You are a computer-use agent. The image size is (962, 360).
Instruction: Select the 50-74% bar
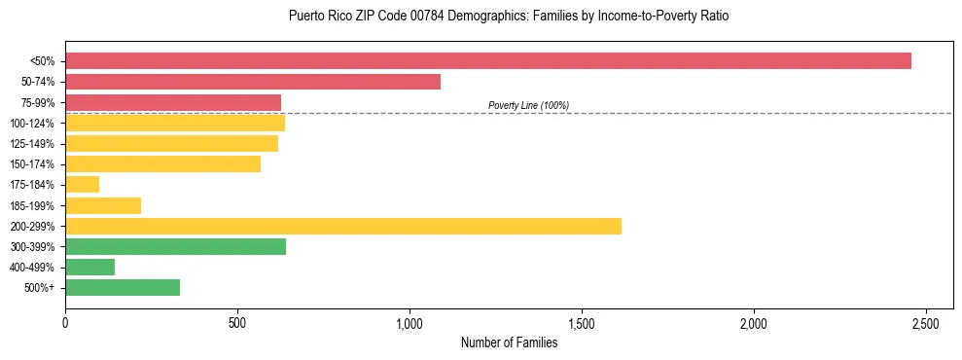[253, 82]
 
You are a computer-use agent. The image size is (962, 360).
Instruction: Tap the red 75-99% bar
[173, 102]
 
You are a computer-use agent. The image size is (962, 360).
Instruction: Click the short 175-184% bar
[83, 185]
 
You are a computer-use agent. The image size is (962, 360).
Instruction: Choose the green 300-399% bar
[175, 246]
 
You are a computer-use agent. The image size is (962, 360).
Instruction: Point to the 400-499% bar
[90, 267]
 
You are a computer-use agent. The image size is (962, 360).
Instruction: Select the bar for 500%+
[123, 287]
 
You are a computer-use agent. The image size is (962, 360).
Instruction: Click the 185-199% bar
[103, 205]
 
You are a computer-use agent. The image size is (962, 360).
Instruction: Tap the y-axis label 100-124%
[32, 124]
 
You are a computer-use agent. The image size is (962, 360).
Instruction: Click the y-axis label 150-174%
[32, 164]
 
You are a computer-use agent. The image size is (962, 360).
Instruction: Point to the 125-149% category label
[32, 144]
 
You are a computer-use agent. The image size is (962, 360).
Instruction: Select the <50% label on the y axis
[42, 61]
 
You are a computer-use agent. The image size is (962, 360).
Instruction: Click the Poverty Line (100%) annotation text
[528, 105]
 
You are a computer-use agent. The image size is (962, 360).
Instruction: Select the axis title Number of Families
[509, 342]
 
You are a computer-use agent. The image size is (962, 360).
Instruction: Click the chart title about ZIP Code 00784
[509, 17]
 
